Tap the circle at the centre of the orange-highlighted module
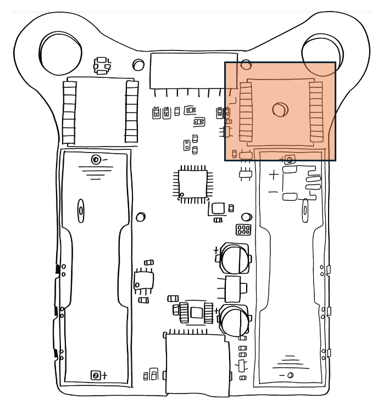tap(280, 110)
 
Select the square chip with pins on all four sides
tap(192, 184)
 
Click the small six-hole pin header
tap(243, 229)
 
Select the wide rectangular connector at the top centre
tap(193, 71)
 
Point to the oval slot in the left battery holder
tap(81, 210)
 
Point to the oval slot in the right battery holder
tap(305, 210)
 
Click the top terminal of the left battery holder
tap(96, 160)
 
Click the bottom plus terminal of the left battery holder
tap(96, 375)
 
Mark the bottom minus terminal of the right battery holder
tap(290, 375)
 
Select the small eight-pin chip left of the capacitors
tap(144, 280)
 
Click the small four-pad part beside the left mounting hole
tap(101, 65)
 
